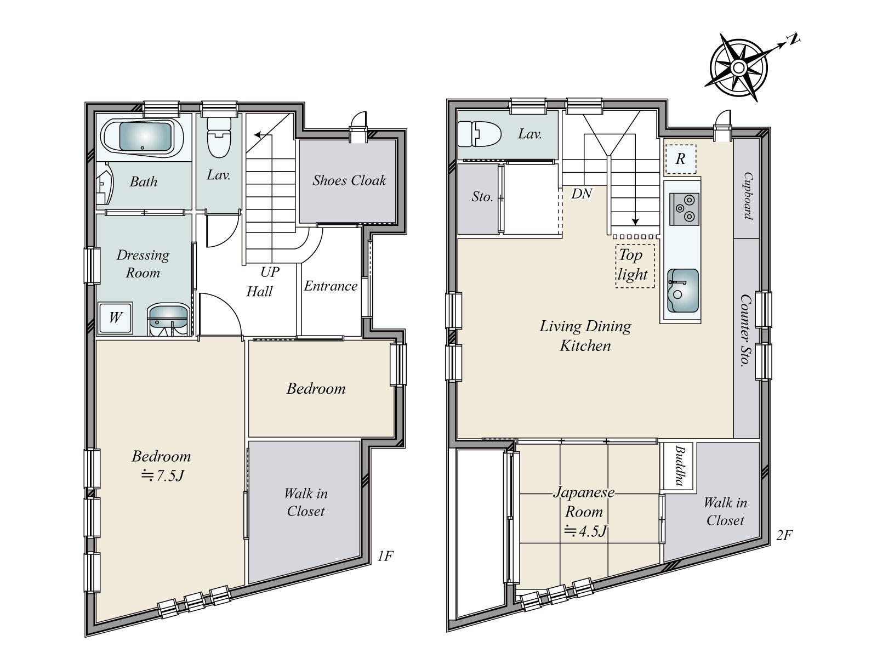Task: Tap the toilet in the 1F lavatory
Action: [x=219, y=138]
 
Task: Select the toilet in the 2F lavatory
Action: [x=479, y=134]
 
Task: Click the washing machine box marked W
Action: [x=116, y=318]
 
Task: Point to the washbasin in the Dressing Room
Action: [x=168, y=320]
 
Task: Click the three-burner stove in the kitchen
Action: [x=685, y=209]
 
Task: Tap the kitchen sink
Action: [x=683, y=291]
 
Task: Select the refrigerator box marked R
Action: [x=681, y=159]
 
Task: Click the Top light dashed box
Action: [x=635, y=266]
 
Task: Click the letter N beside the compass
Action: [x=794, y=39]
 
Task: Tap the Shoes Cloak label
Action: [x=349, y=180]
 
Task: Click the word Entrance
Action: [x=331, y=286]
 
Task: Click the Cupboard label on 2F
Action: [x=748, y=196]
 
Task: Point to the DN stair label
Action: [x=582, y=194]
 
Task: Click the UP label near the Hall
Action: [x=270, y=272]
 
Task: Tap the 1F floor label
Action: [x=385, y=556]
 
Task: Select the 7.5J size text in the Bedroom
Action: [x=163, y=476]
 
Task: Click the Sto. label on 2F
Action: [x=482, y=196]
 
